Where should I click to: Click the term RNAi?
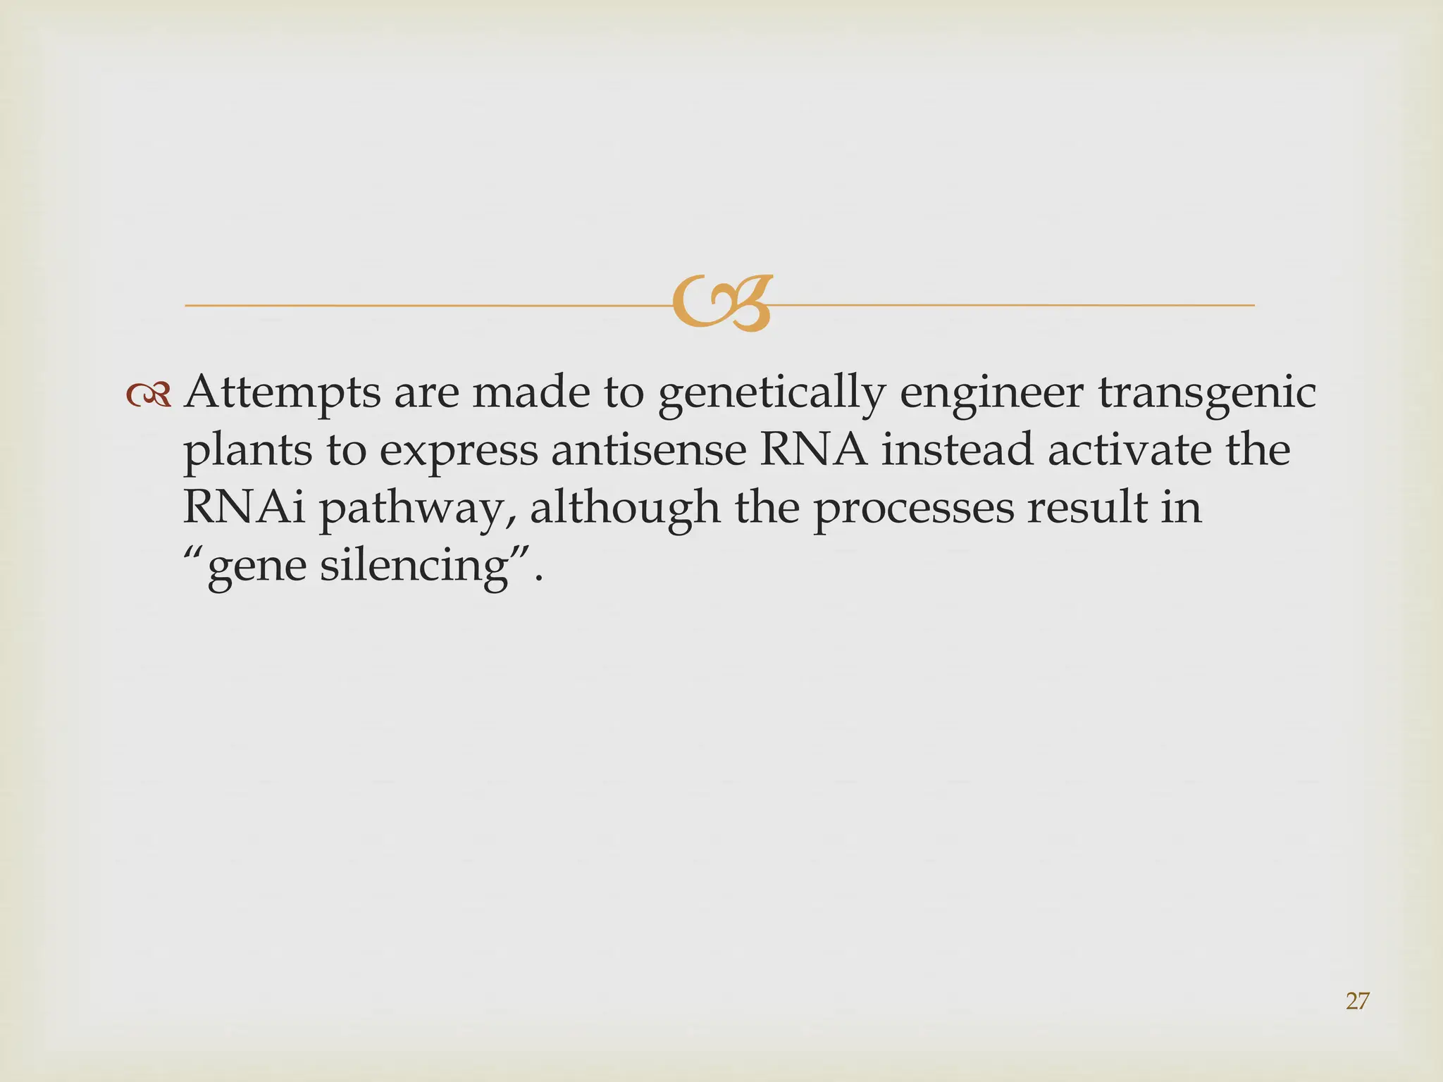point(244,507)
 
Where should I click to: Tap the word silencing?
point(414,566)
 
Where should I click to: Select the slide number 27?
point(1357,1001)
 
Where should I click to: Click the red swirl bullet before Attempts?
point(149,396)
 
